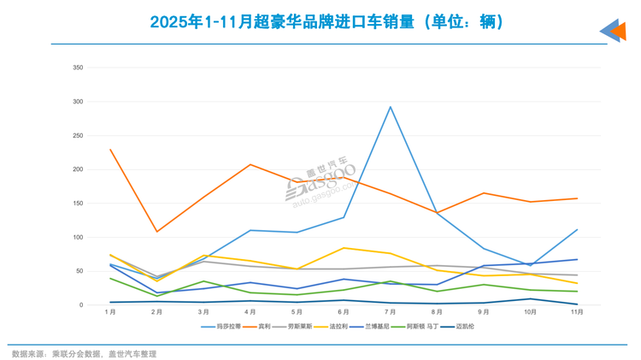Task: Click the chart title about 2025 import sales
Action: (320, 21)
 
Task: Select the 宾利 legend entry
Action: (258, 326)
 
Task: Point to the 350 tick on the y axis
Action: (78, 68)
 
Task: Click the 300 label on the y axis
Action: (78, 102)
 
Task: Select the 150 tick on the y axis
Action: (78, 204)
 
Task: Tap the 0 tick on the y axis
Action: (81, 305)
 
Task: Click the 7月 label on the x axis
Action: (391, 312)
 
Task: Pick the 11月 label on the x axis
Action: (577, 312)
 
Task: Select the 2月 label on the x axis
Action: (156, 312)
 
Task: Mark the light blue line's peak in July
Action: (391, 107)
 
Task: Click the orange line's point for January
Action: (110, 150)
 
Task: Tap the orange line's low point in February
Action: (156, 232)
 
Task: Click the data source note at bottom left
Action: (84, 352)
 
